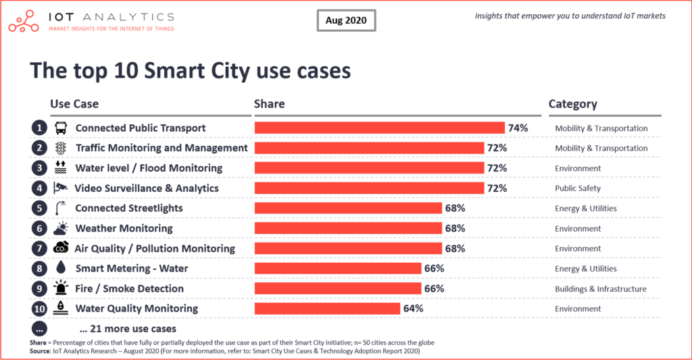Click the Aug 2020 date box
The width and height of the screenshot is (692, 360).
pos(346,20)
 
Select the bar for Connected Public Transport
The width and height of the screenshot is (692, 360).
pos(379,128)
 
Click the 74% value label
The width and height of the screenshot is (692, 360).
pos(518,128)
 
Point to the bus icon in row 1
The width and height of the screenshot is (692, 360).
pos(61,128)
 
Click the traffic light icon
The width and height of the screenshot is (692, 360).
pos(61,148)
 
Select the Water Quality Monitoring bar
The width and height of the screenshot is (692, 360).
pos(327,309)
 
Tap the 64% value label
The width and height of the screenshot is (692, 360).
pos(413,309)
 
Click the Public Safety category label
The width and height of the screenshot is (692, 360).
pos(577,188)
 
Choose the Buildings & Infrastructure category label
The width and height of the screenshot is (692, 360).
pos(600,288)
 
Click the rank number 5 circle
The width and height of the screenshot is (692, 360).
pos(39,208)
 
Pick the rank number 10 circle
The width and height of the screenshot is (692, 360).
pos(39,309)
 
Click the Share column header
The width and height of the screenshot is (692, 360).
pos(269,104)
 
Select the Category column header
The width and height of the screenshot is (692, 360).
pos(572,104)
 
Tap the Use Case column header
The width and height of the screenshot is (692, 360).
pos(74,104)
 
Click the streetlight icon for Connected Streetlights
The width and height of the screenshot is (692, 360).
pos(61,208)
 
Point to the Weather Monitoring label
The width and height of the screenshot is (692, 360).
pos(124,228)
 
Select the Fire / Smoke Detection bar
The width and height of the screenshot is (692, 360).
pos(337,288)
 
